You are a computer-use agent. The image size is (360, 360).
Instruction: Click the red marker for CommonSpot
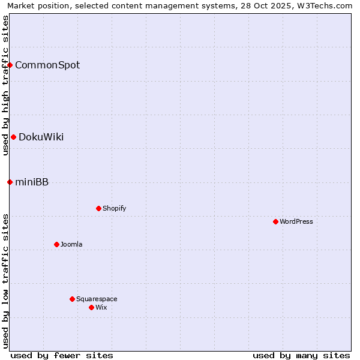[x=10, y=65]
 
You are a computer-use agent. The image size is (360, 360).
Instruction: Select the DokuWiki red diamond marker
[x=13, y=137]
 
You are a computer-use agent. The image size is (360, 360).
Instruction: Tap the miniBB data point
[x=10, y=182]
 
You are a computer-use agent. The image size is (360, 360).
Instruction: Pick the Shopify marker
[x=98, y=208]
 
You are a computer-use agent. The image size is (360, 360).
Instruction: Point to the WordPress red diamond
[x=275, y=221]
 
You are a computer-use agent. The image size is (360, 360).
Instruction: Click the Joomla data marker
[x=56, y=244]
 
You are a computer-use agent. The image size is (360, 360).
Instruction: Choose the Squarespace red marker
[x=72, y=299]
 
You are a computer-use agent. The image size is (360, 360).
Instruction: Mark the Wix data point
[x=91, y=307]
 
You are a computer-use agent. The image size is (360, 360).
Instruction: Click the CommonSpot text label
[x=47, y=65]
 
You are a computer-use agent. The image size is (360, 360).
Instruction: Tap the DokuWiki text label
[x=41, y=137]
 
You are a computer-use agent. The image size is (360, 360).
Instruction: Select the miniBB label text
[x=32, y=182]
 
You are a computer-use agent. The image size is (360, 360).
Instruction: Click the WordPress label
[x=296, y=221]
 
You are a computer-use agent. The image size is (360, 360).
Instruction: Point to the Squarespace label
[x=97, y=299]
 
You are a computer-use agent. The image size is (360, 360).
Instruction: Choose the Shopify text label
[x=115, y=208]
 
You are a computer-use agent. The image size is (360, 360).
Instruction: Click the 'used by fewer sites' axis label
[x=62, y=355]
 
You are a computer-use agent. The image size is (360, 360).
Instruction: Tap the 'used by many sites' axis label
[x=301, y=355]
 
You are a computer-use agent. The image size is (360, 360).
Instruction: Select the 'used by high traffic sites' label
[x=5, y=85]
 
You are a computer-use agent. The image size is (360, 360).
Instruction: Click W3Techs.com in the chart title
[x=328, y=5]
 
